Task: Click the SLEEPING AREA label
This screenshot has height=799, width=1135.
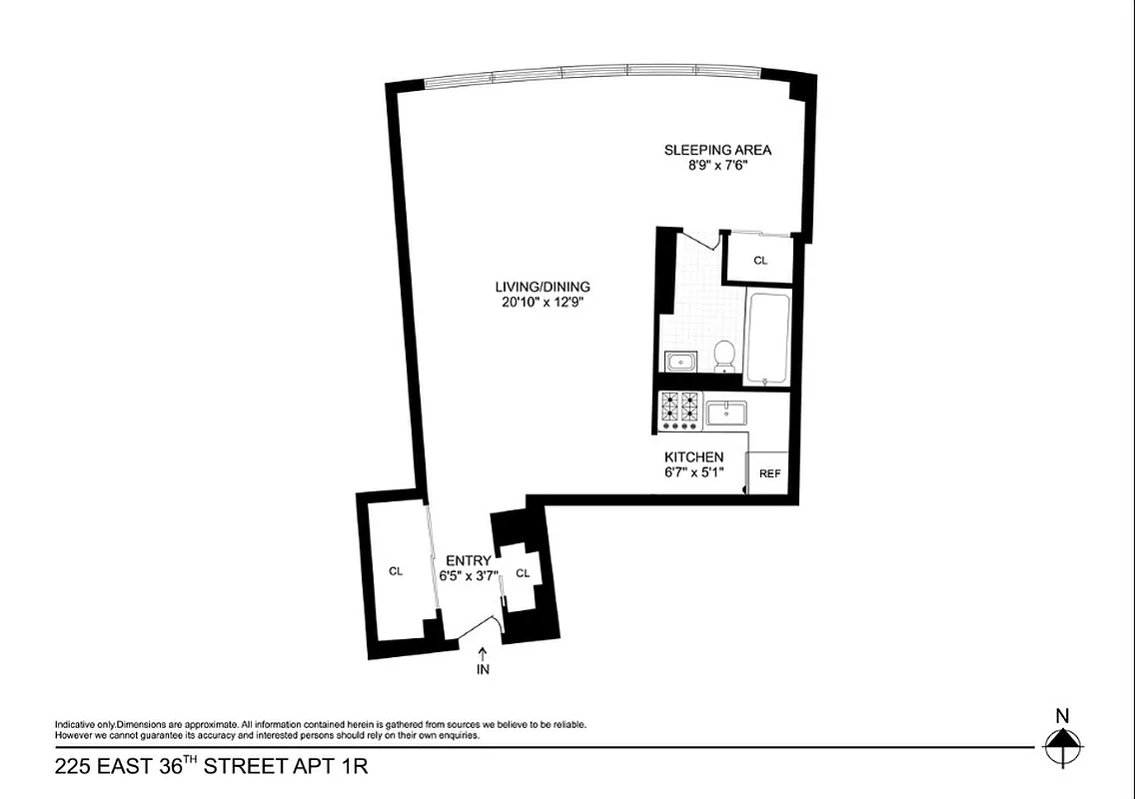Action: click(x=717, y=151)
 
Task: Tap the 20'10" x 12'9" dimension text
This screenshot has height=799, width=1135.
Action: click(x=542, y=303)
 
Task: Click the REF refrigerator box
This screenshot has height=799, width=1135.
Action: click(x=769, y=473)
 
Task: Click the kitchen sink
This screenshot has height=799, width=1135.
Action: click(x=726, y=412)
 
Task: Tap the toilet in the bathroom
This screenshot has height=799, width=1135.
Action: click(x=724, y=357)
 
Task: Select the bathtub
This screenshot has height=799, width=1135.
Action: click(x=767, y=339)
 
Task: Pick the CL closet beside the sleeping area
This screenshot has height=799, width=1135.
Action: click(x=760, y=260)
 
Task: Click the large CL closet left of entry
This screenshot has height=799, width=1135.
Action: click(x=396, y=571)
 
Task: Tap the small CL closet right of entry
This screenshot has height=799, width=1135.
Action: click(x=522, y=573)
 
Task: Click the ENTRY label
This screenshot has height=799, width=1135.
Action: click(x=468, y=561)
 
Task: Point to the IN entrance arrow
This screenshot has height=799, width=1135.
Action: click(x=484, y=660)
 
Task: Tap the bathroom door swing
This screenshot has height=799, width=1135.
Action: click(x=698, y=240)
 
